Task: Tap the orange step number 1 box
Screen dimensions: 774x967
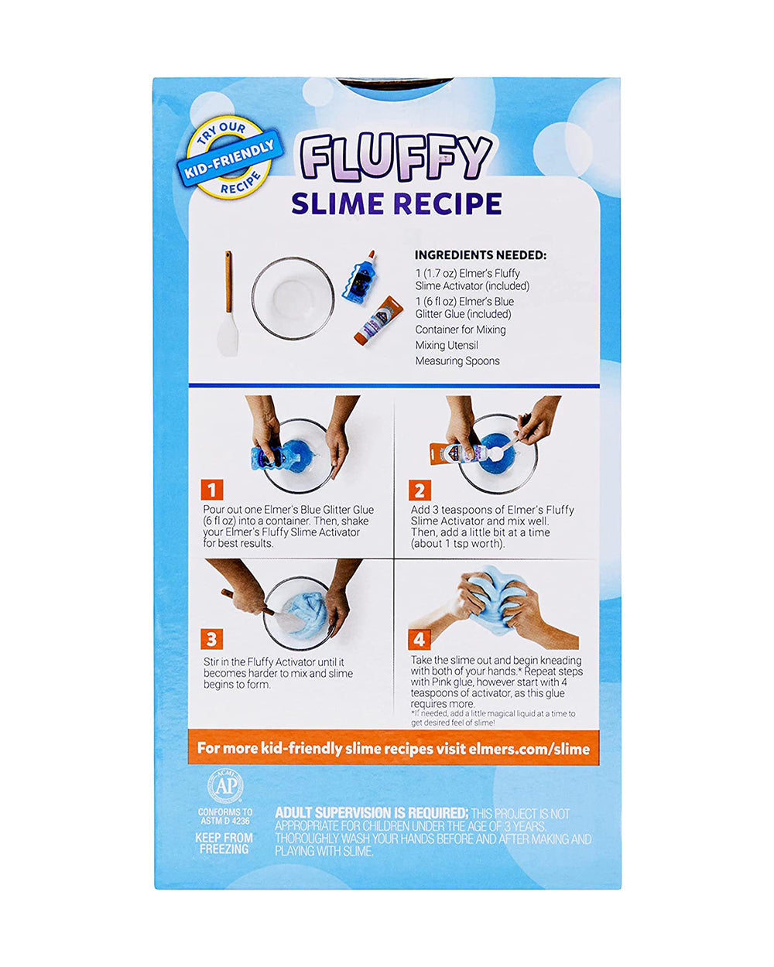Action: (x=212, y=490)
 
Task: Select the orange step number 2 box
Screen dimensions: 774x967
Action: (x=420, y=490)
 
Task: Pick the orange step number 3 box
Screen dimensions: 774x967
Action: (x=212, y=640)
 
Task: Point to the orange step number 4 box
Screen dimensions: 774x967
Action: (x=420, y=639)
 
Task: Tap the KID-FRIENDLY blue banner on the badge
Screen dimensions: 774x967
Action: (x=230, y=159)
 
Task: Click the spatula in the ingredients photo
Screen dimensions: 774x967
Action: (x=228, y=303)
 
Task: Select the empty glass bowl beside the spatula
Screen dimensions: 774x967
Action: (x=293, y=299)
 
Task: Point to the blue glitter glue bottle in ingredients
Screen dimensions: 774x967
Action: (x=358, y=277)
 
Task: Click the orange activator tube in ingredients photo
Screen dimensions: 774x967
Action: (x=378, y=320)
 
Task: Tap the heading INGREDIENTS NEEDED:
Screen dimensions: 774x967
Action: (x=481, y=255)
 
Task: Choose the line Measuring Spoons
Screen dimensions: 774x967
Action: (x=457, y=360)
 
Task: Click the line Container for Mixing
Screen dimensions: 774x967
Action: (x=461, y=330)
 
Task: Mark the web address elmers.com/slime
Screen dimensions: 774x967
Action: (x=529, y=749)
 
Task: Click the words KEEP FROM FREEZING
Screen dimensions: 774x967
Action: (x=224, y=843)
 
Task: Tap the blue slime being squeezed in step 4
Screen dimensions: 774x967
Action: (x=496, y=599)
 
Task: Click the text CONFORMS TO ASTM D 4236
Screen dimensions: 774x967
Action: (x=225, y=816)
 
